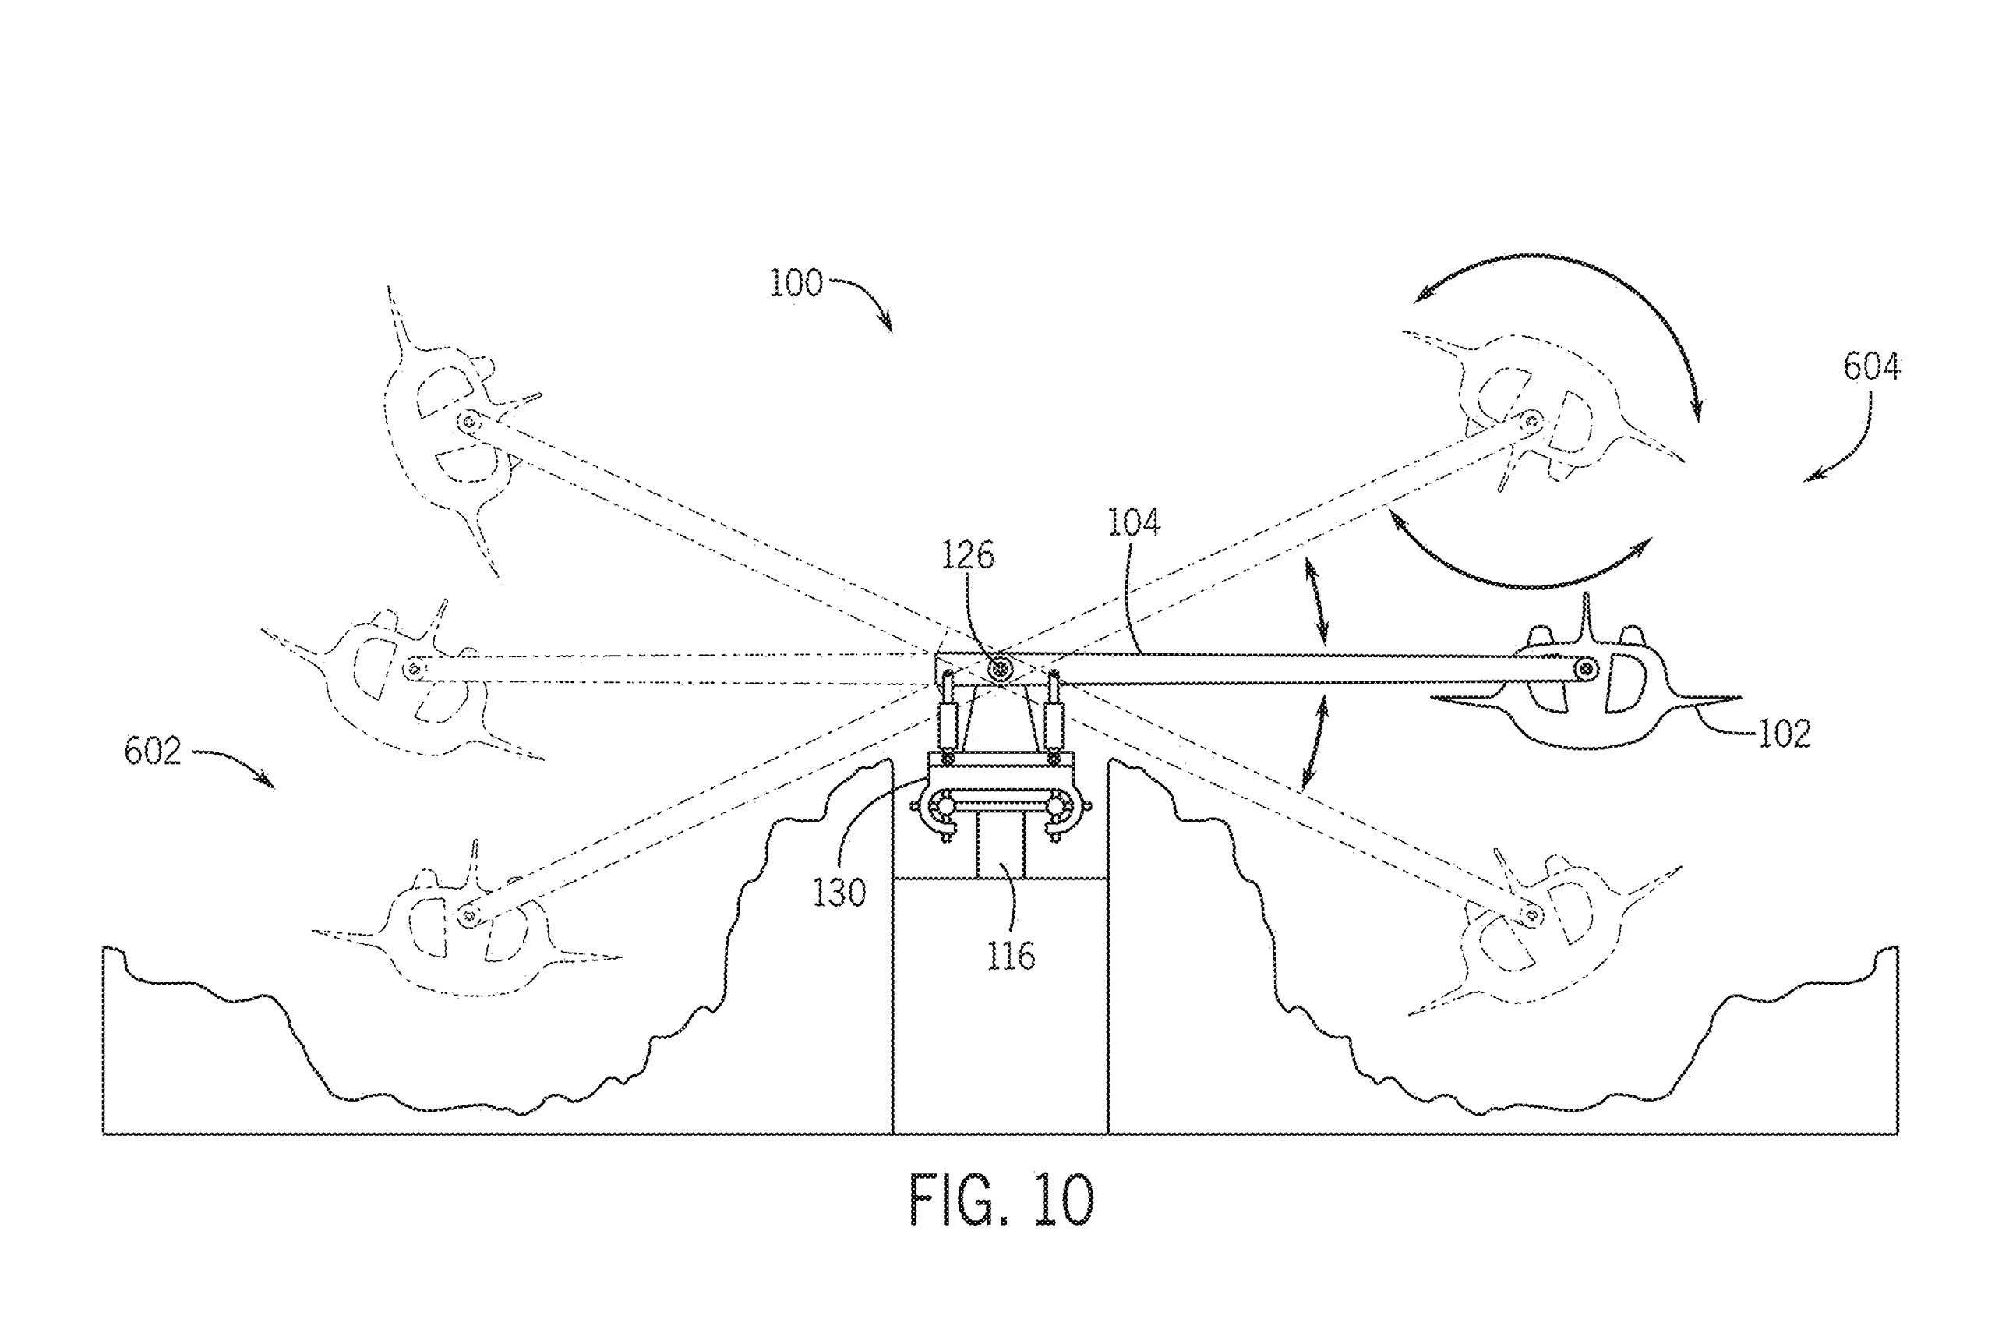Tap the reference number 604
(x=1871, y=366)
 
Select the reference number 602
(x=153, y=751)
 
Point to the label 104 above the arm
(x=1133, y=523)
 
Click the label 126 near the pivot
(x=968, y=556)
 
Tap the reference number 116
(x=1012, y=957)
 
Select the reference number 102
(x=1784, y=734)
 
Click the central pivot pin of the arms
(x=1001, y=668)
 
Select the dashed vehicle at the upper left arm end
(x=450, y=433)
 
